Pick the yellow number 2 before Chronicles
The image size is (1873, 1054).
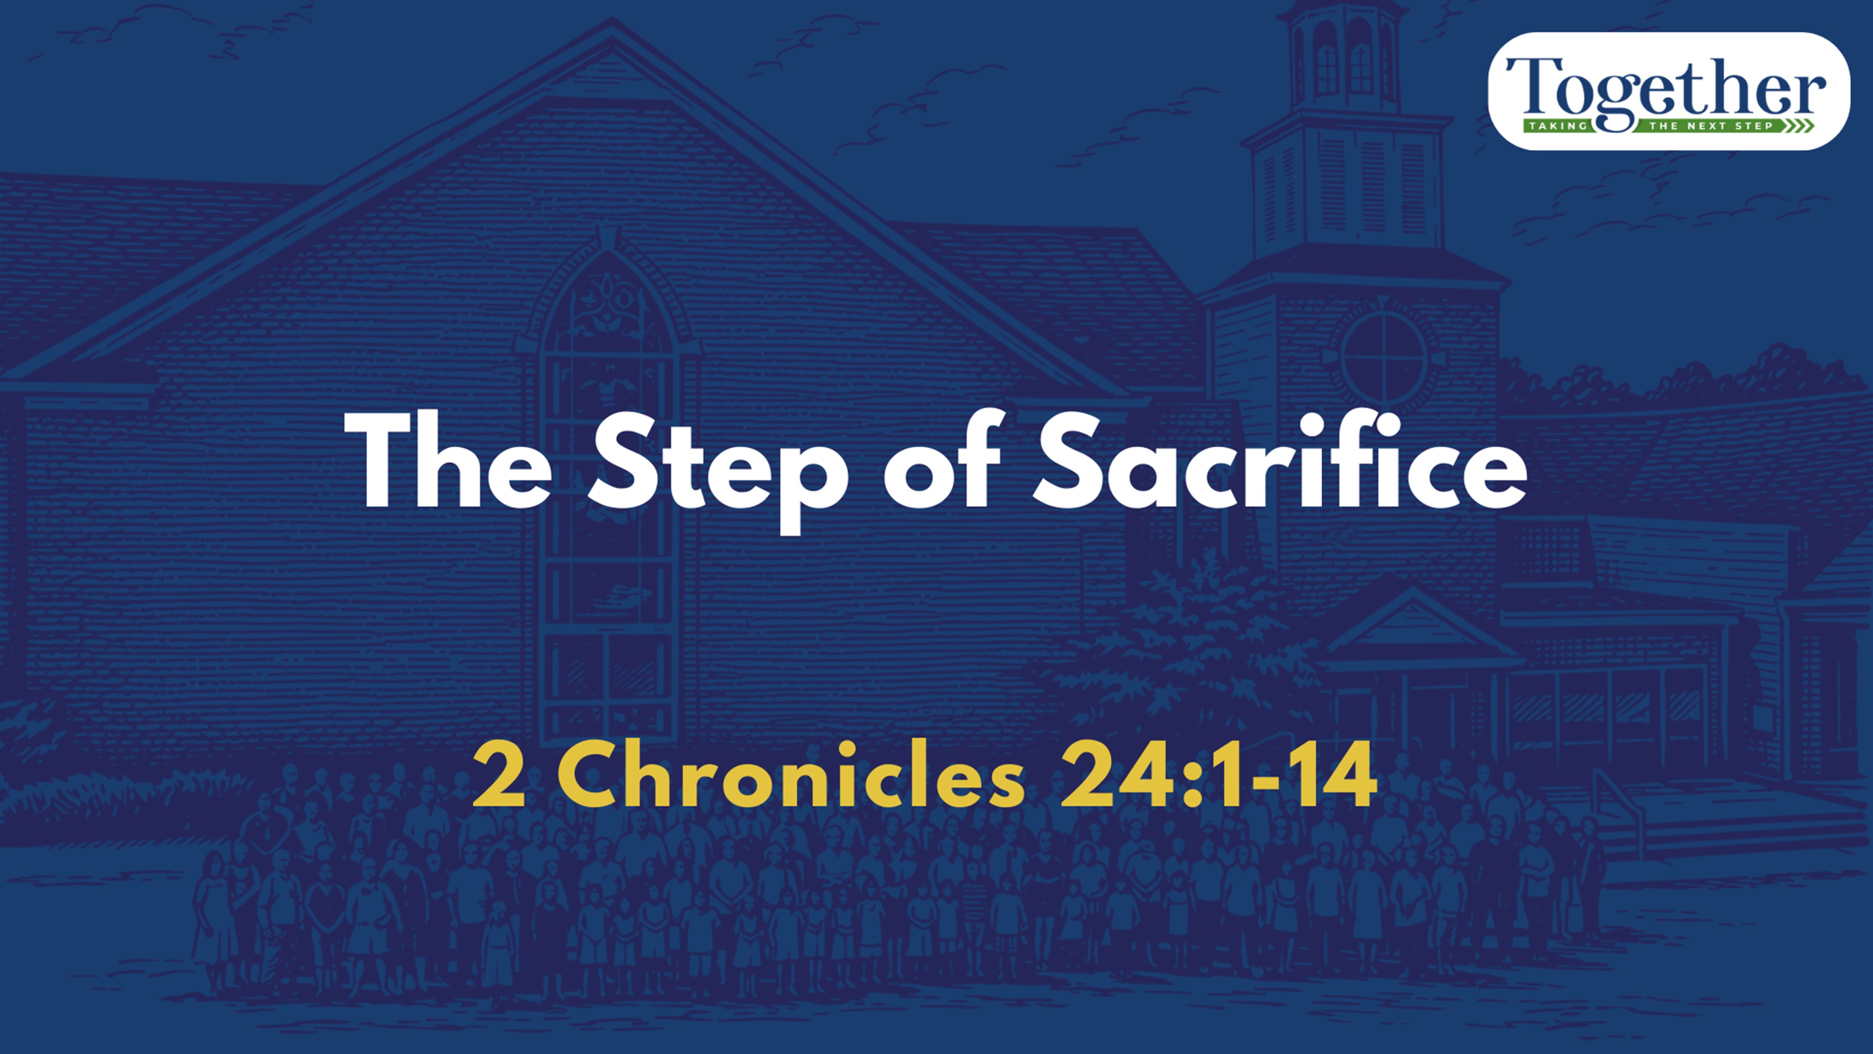click(499, 777)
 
